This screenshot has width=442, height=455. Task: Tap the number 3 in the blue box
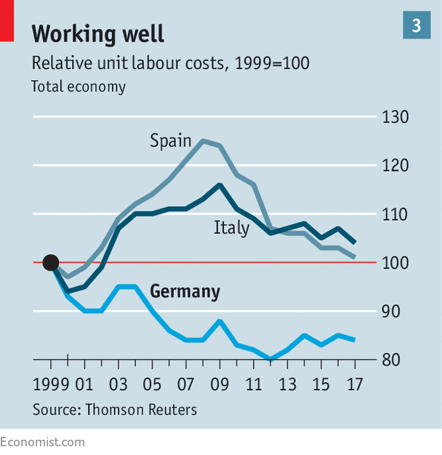(417, 26)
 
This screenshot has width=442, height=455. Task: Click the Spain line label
(170, 141)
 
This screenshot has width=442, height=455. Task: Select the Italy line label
(231, 228)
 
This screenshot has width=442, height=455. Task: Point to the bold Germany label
(185, 292)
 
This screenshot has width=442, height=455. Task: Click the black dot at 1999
(50, 262)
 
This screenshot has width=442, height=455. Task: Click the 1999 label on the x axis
(50, 383)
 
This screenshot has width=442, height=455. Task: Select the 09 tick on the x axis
(219, 383)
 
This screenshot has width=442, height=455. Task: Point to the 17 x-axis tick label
(354, 383)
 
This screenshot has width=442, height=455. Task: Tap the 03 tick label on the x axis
(118, 383)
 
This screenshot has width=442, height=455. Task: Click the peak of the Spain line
(202, 141)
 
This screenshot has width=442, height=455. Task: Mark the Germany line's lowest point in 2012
(270, 359)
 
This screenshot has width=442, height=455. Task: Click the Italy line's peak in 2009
(219, 185)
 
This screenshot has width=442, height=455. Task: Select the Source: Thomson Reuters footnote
(114, 410)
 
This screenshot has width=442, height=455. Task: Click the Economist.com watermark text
(42, 442)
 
